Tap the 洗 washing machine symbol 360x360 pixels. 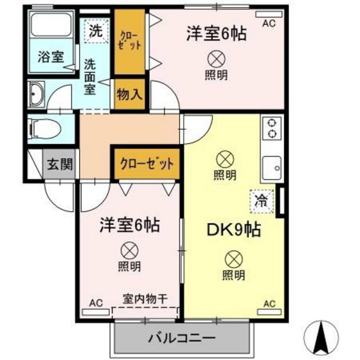pyautogui.click(x=96, y=30)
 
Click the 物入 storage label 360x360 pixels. pyautogui.click(x=129, y=94)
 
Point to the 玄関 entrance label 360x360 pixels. pyautogui.click(x=59, y=165)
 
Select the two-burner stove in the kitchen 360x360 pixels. pyautogui.click(x=271, y=128)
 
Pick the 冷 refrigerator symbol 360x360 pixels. pyautogui.click(x=262, y=201)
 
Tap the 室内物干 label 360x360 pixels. pyautogui.click(x=145, y=299)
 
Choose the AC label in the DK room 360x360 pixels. pyautogui.click(x=269, y=303)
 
